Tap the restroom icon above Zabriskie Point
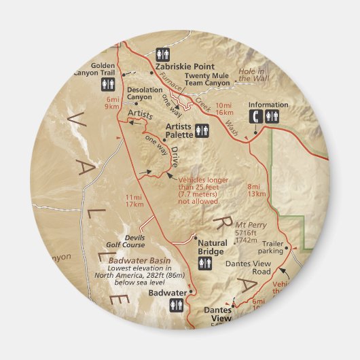click(163, 53)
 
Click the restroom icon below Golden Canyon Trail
click(108, 84)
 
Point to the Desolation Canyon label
click(145, 93)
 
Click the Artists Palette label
click(179, 130)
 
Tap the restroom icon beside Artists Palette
click(200, 131)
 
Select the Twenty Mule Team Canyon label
click(208, 79)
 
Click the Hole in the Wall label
click(255, 75)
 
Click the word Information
click(268, 105)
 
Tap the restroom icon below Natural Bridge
click(204, 263)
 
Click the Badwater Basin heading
click(139, 260)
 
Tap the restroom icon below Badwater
click(177, 306)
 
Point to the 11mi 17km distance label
click(134, 200)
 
